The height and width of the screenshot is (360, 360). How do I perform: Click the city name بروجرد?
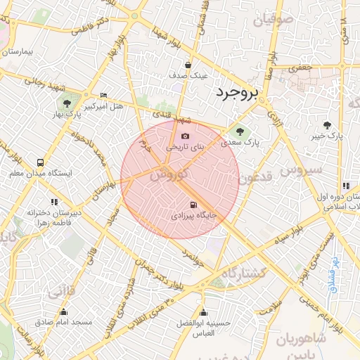(x=237, y=92)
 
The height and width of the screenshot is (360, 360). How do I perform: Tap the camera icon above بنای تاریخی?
(x=185, y=136)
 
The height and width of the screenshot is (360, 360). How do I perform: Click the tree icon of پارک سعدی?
(x=240, y=130)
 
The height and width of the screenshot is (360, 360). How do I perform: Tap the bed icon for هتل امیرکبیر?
(x=104, y=96)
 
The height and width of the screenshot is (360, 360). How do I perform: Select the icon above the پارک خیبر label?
(x=328, y=124)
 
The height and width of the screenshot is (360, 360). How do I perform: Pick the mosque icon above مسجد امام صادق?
(x=64, y=311)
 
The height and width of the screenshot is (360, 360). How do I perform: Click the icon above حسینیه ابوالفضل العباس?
(x=203, y=312)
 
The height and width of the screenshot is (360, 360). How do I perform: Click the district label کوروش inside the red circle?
(x=168, y=173)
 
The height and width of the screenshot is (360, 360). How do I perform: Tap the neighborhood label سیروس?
(x=301, y=169)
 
